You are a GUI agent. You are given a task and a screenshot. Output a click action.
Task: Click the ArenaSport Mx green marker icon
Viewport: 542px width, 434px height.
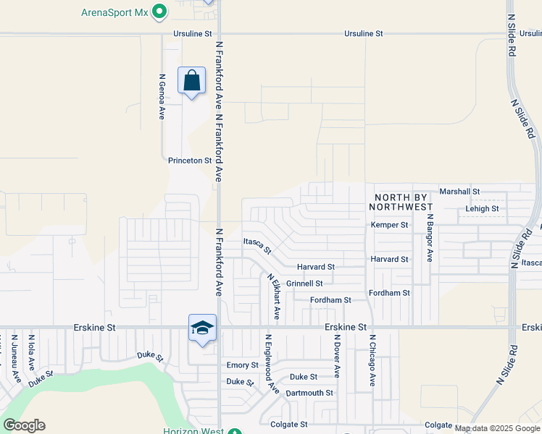click(x=161, y=12)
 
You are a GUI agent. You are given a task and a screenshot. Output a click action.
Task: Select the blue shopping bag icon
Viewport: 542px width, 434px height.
click(x=191, y=81)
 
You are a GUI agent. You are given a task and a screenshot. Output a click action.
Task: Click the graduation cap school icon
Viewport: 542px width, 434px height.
click(x=203, y=328)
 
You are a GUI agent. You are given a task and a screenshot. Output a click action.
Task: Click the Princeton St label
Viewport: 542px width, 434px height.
click(x=189, y=161)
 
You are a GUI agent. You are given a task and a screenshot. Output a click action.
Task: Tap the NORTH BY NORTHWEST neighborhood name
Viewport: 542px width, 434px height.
click(x=402, y=202)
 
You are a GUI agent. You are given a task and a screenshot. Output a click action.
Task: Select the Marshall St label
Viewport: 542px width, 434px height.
click(x=459, y=192)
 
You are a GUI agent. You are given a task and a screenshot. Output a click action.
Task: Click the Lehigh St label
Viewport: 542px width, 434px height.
click(x=482, y=209)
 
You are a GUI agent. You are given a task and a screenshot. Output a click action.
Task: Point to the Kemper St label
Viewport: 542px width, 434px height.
click(x=390, y=225)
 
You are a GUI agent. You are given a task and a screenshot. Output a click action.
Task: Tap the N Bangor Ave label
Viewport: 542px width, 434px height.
click(x=430, y=237)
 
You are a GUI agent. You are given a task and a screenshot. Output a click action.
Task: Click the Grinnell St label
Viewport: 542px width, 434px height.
click(x=304, y=284)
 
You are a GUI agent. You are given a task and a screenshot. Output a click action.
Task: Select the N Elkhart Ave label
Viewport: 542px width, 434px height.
click(x=273, y=296)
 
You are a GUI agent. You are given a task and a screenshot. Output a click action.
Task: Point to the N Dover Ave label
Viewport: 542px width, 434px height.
click(x=337, y=356)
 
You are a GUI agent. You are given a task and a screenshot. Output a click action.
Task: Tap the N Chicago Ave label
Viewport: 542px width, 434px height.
click(x=372, y=359)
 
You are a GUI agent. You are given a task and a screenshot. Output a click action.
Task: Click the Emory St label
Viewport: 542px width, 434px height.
click(x=242, y=365)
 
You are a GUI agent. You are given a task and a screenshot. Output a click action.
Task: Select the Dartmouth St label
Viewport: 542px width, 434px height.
click(x=309, y=393)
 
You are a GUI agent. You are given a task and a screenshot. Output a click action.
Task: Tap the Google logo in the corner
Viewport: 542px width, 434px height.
click(x=24, y=425)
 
